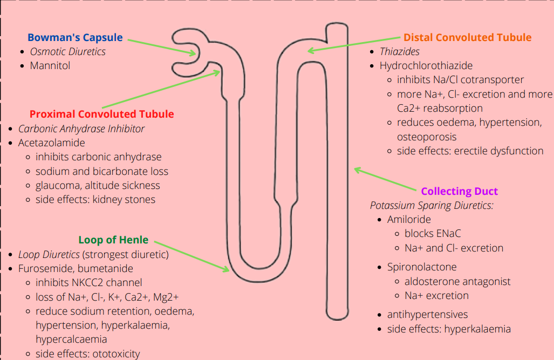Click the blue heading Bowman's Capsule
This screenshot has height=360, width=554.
click(x=75, y=38)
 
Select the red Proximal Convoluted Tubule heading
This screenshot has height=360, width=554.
click(x=101, y=114)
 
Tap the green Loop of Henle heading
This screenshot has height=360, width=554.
click(x=113, y=240)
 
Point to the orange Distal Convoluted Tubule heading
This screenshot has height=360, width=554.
click(x=467, y=38)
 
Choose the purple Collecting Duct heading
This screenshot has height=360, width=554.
click(x=459, y=192)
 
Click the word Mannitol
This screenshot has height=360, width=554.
click(x=50, y=66)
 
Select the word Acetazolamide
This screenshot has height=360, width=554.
click(x=52, y=143)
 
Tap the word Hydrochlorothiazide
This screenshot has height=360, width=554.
click(x=426, y=66)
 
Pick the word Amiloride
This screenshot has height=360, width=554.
click(x=409, y=220)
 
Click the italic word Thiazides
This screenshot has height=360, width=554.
click(x=400, y=52)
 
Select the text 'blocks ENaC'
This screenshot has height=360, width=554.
click(x=433, y=234)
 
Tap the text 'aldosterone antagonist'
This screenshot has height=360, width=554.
click(x=457, y=281)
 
